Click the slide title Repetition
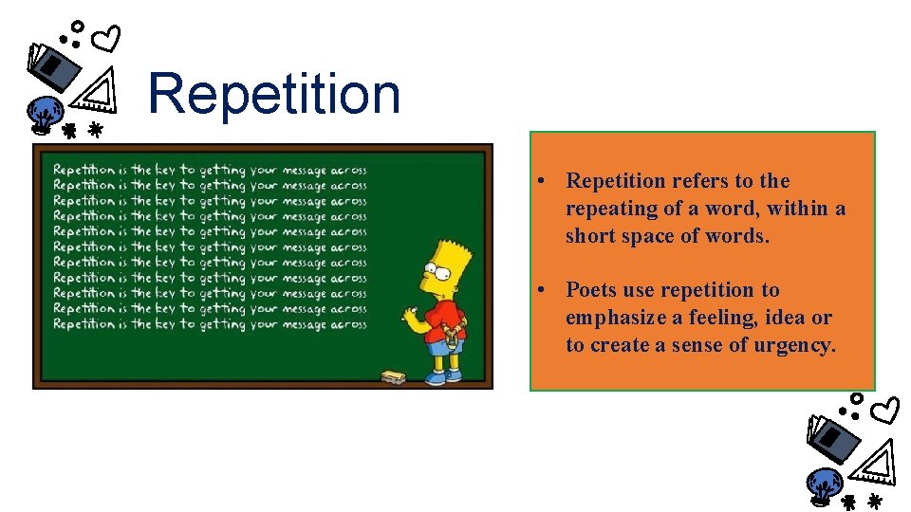[x=274, y=94]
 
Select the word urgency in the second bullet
[x=799, y=345]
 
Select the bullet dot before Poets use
[x=538, y=291]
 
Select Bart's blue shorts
[x=441, y=346]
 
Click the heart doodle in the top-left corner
[x=109, y=39]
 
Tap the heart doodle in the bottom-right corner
[x=886, y=411]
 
